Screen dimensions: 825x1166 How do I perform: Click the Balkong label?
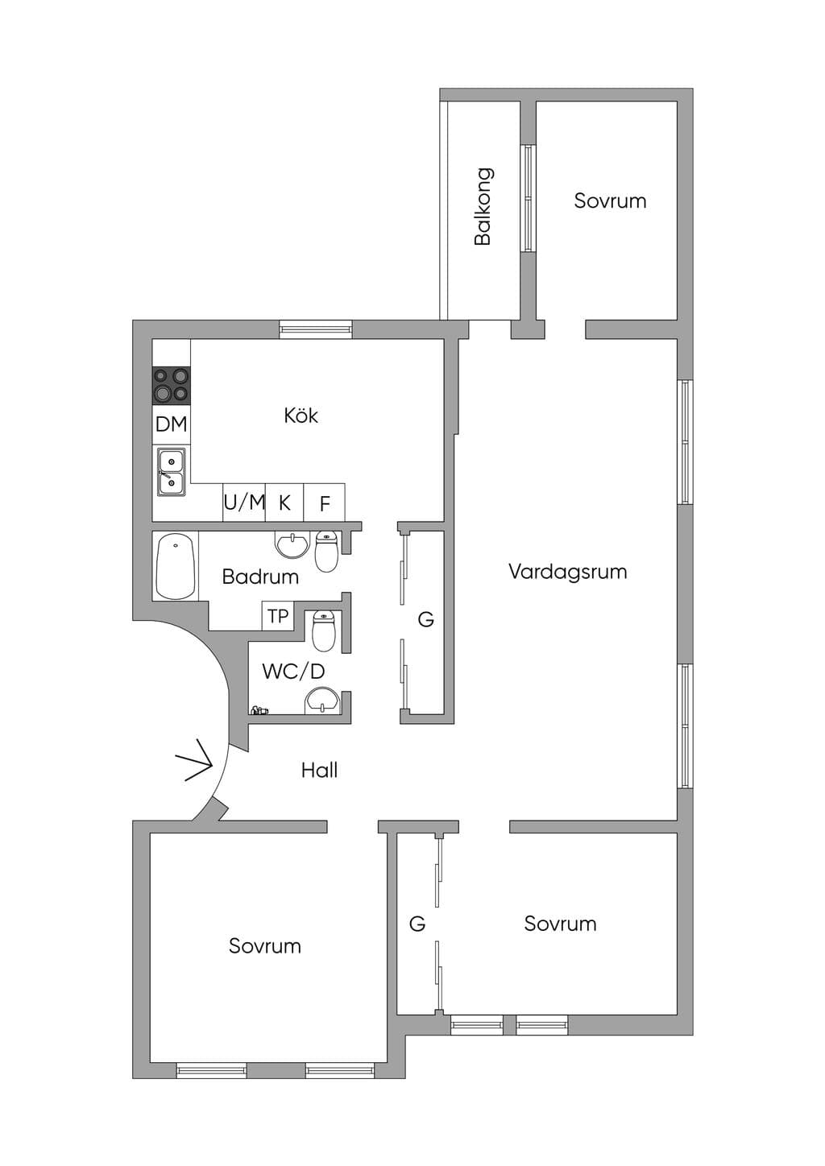pyautogui.click(x=483, y=206)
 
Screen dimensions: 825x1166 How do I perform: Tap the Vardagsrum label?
pyautogui.click(x=568, y=572)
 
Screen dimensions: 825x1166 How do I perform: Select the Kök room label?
pyautogui.click(x=301, y=415)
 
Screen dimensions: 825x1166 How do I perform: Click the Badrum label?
pyautogui.click(x=260, y=577)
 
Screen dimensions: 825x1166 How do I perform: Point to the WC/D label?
pyautogui.click(x=293, y=672)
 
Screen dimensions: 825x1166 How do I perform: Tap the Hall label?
pyautogui.click(x=319, y=770)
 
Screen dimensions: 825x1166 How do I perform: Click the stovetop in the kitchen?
pyautogui.click(x=172, y=385)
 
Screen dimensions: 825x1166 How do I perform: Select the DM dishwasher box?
pyautogui.click(x=172, y=424)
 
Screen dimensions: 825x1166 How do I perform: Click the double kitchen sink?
pyautogui.click(x=172, y=472)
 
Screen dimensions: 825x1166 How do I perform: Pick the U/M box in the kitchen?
pyautogui.click(x=244, y=502)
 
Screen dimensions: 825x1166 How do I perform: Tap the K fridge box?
pyautogui.click(x=284, y=502)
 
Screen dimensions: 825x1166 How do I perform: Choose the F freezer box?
pyautogui.click(x=324, y=502)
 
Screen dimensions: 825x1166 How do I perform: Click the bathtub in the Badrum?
pyautogui.click(x=176, y=566)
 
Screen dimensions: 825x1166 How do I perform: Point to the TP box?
pyautogui.click(x=278, y=616)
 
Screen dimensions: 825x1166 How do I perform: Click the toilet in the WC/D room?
pyautogui.click(x=323, y=631)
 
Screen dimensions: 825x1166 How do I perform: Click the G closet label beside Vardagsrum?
pyautogui.click(x=426, y=619)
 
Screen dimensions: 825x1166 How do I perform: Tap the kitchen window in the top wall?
pyautogui.click(x=316, y=329)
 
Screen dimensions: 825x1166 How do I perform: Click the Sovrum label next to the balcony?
pyautogui.click(x=610, y=201)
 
